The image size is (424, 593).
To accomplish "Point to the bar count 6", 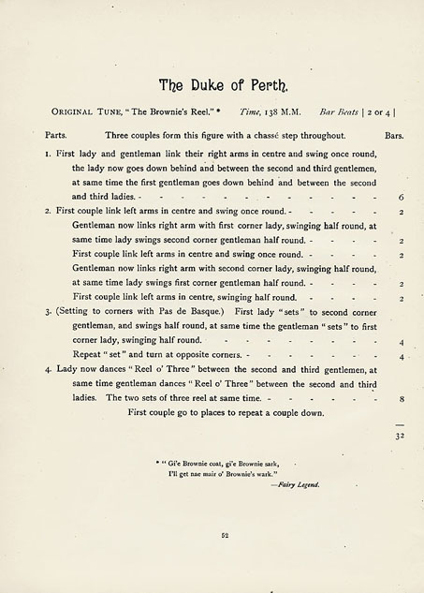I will [x=401, y=198].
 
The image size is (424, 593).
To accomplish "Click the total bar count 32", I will [x=399, y=436].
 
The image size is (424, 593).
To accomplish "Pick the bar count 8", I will [x=401, y=398].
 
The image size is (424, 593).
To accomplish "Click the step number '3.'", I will [x=47, y=311].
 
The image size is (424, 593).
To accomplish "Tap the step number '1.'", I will [x=47, y=152].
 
